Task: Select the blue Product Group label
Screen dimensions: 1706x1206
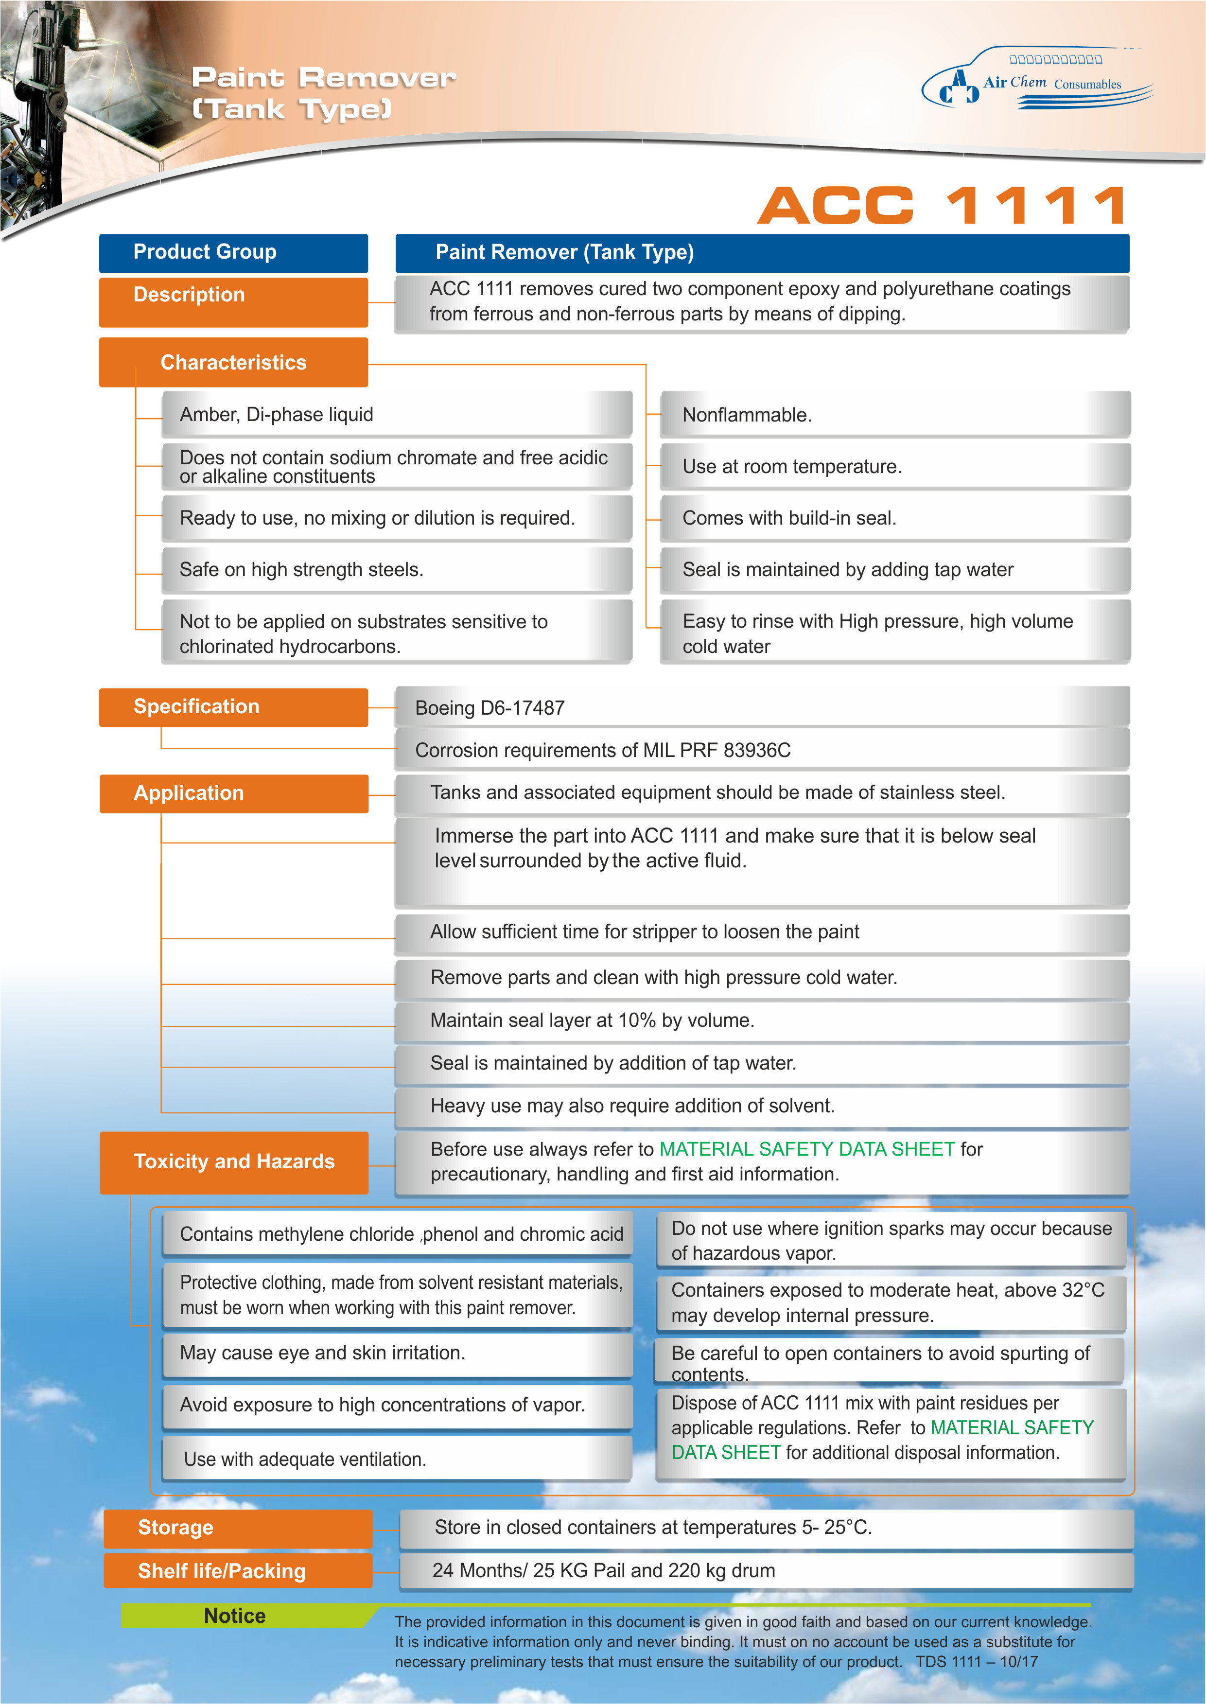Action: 233,253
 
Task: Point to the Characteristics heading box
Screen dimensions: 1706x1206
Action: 233,363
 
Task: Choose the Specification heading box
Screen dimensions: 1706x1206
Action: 233,706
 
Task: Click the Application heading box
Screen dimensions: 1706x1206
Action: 233,793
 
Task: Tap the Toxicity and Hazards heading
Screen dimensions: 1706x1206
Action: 233,1161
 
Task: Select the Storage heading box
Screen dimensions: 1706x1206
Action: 237,1528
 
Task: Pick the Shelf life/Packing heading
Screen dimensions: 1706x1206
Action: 237,1571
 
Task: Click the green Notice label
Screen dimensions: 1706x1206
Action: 235,1616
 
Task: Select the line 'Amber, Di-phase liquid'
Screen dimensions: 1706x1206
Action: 277,415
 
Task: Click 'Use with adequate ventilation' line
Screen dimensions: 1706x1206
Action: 305,1460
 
